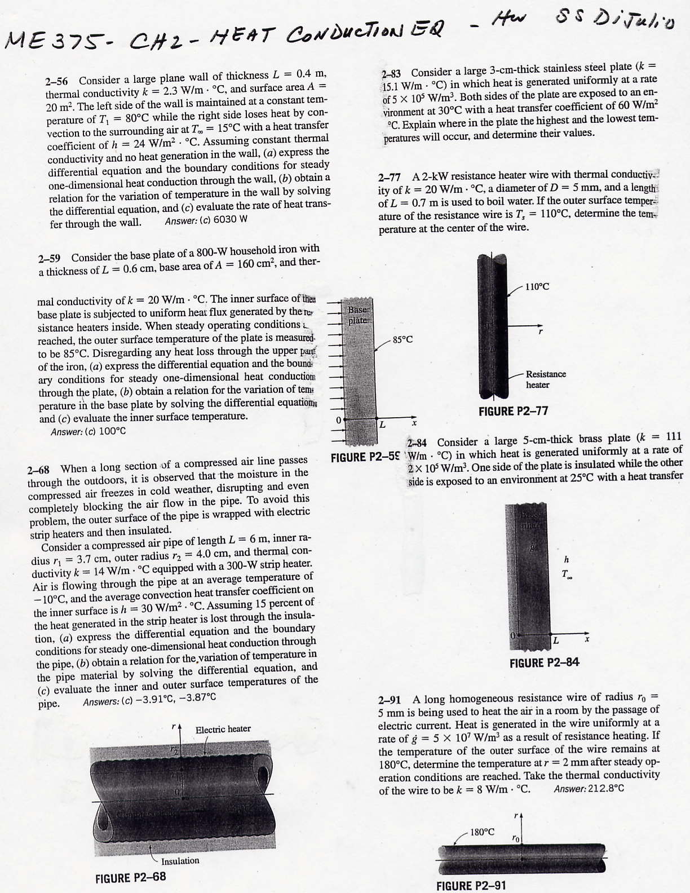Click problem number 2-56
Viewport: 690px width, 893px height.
(x=56, y=81)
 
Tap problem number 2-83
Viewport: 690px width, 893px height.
(x=391, y=73)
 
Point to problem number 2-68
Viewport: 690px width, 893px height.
(x=38, y=469)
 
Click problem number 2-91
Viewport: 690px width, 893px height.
(x=389, y=700)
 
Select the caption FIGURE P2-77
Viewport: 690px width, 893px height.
(x=513, y=411)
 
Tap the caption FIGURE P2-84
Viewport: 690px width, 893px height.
(x=544, y=663)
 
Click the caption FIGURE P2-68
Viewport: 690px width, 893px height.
(x=130, y=878)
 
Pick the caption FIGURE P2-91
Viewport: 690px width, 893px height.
(x=471, y=885)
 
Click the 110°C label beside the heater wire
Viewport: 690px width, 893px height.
(x=537, y=286)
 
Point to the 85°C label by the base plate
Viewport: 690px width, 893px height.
(x=402, y=339)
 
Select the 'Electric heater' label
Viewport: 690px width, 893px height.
(x=223, y=729)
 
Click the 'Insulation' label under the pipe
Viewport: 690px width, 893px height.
(x=180, y=861)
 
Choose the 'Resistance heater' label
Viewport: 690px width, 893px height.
(x=545, y=379)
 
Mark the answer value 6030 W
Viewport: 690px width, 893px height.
(x=229, y=219)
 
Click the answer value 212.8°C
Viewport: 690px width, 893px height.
(x=605, y=789)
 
